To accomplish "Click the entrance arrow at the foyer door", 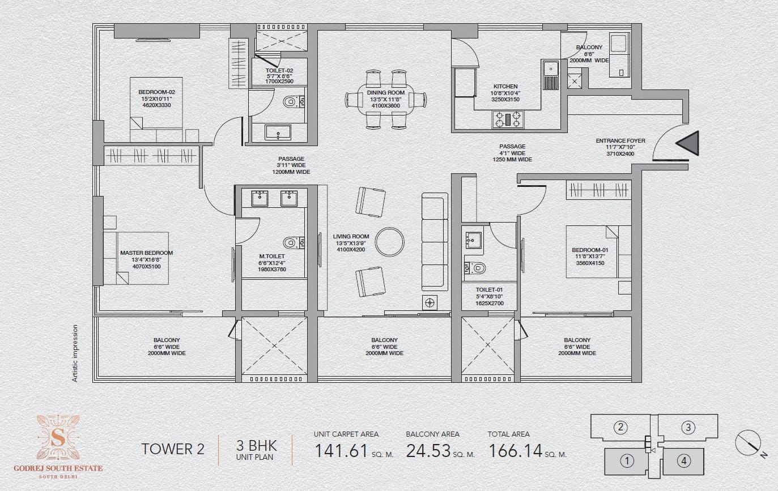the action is click(688, 143).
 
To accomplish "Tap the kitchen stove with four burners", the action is click(508, 119).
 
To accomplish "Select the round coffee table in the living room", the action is click(389, 242).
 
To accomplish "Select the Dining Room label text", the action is click(385, 93).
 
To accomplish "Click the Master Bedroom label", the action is click(146, 253).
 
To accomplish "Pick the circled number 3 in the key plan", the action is click(688, 428).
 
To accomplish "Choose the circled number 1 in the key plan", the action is click(627, 461).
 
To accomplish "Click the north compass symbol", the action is click(749, 443).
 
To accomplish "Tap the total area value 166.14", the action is click(516, 451).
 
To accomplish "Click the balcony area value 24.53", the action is click(428, 451).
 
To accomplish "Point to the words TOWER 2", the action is click(173, 449).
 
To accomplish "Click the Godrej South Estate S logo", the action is click(58, 438).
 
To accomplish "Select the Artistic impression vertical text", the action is click(75, 353).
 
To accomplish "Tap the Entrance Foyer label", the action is click(620, 140).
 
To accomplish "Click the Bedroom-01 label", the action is click(590, 250).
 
